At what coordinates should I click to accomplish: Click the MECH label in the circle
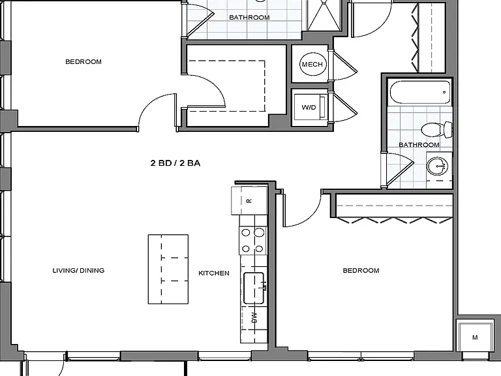tap(312, 64)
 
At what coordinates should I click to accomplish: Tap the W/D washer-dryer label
tap(309, 108)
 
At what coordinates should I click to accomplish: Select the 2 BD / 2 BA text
tap(175, 163)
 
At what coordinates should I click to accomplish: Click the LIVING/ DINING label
tap(78, 270)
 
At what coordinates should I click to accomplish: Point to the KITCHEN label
tap(214, 273)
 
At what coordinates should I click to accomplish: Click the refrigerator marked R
tap(249, 200)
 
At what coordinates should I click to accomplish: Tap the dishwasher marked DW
tap(254, 317)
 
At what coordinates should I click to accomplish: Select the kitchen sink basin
tap(254, 288)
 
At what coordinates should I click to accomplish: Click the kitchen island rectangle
tap(168, 269)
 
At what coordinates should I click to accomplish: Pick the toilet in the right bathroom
tap(436, 129)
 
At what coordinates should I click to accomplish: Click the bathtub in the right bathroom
tap(420, 93)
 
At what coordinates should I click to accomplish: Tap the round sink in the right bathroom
tap(438, 166)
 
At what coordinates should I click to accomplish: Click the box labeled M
tap(475, 337)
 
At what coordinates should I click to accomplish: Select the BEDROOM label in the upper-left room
tap(83, 62)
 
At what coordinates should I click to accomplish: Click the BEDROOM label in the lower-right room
tap(361, 270)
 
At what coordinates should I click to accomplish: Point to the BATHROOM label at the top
tap(249, 17)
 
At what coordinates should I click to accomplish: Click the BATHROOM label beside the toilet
tap(419, 145)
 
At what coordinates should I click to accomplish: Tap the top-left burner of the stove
tap(246, 232)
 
